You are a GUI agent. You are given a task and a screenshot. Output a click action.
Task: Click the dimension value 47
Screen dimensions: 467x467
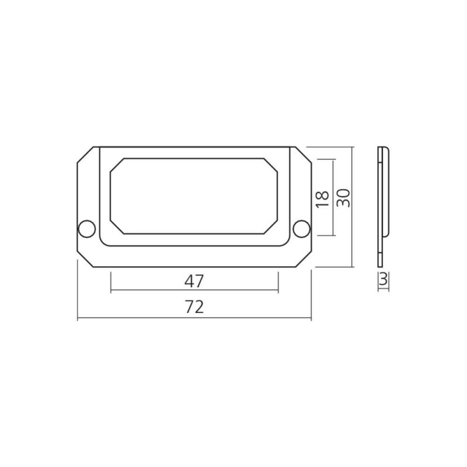click(194, 281)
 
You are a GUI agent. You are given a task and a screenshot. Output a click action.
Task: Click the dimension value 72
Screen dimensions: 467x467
click(194, 307)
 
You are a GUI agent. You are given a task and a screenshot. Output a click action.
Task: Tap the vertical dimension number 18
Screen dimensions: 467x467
click(323, 199)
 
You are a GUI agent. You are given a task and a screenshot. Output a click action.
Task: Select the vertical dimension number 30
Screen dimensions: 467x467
click(343, 198)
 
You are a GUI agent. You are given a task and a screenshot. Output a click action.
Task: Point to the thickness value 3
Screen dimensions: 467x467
click(384, 280)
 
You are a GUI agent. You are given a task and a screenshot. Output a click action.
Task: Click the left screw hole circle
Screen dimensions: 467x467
click(86, 229)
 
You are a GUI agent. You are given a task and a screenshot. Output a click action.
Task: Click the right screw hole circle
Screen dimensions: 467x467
click(301, 229)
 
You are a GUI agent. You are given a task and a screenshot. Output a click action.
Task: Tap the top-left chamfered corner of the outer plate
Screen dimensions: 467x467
click(85, 155)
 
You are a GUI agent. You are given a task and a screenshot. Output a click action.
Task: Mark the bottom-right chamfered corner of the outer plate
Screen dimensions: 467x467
click(303, 259)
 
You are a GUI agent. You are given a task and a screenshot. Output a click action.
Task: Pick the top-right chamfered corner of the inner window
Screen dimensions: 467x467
click(271, 165)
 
